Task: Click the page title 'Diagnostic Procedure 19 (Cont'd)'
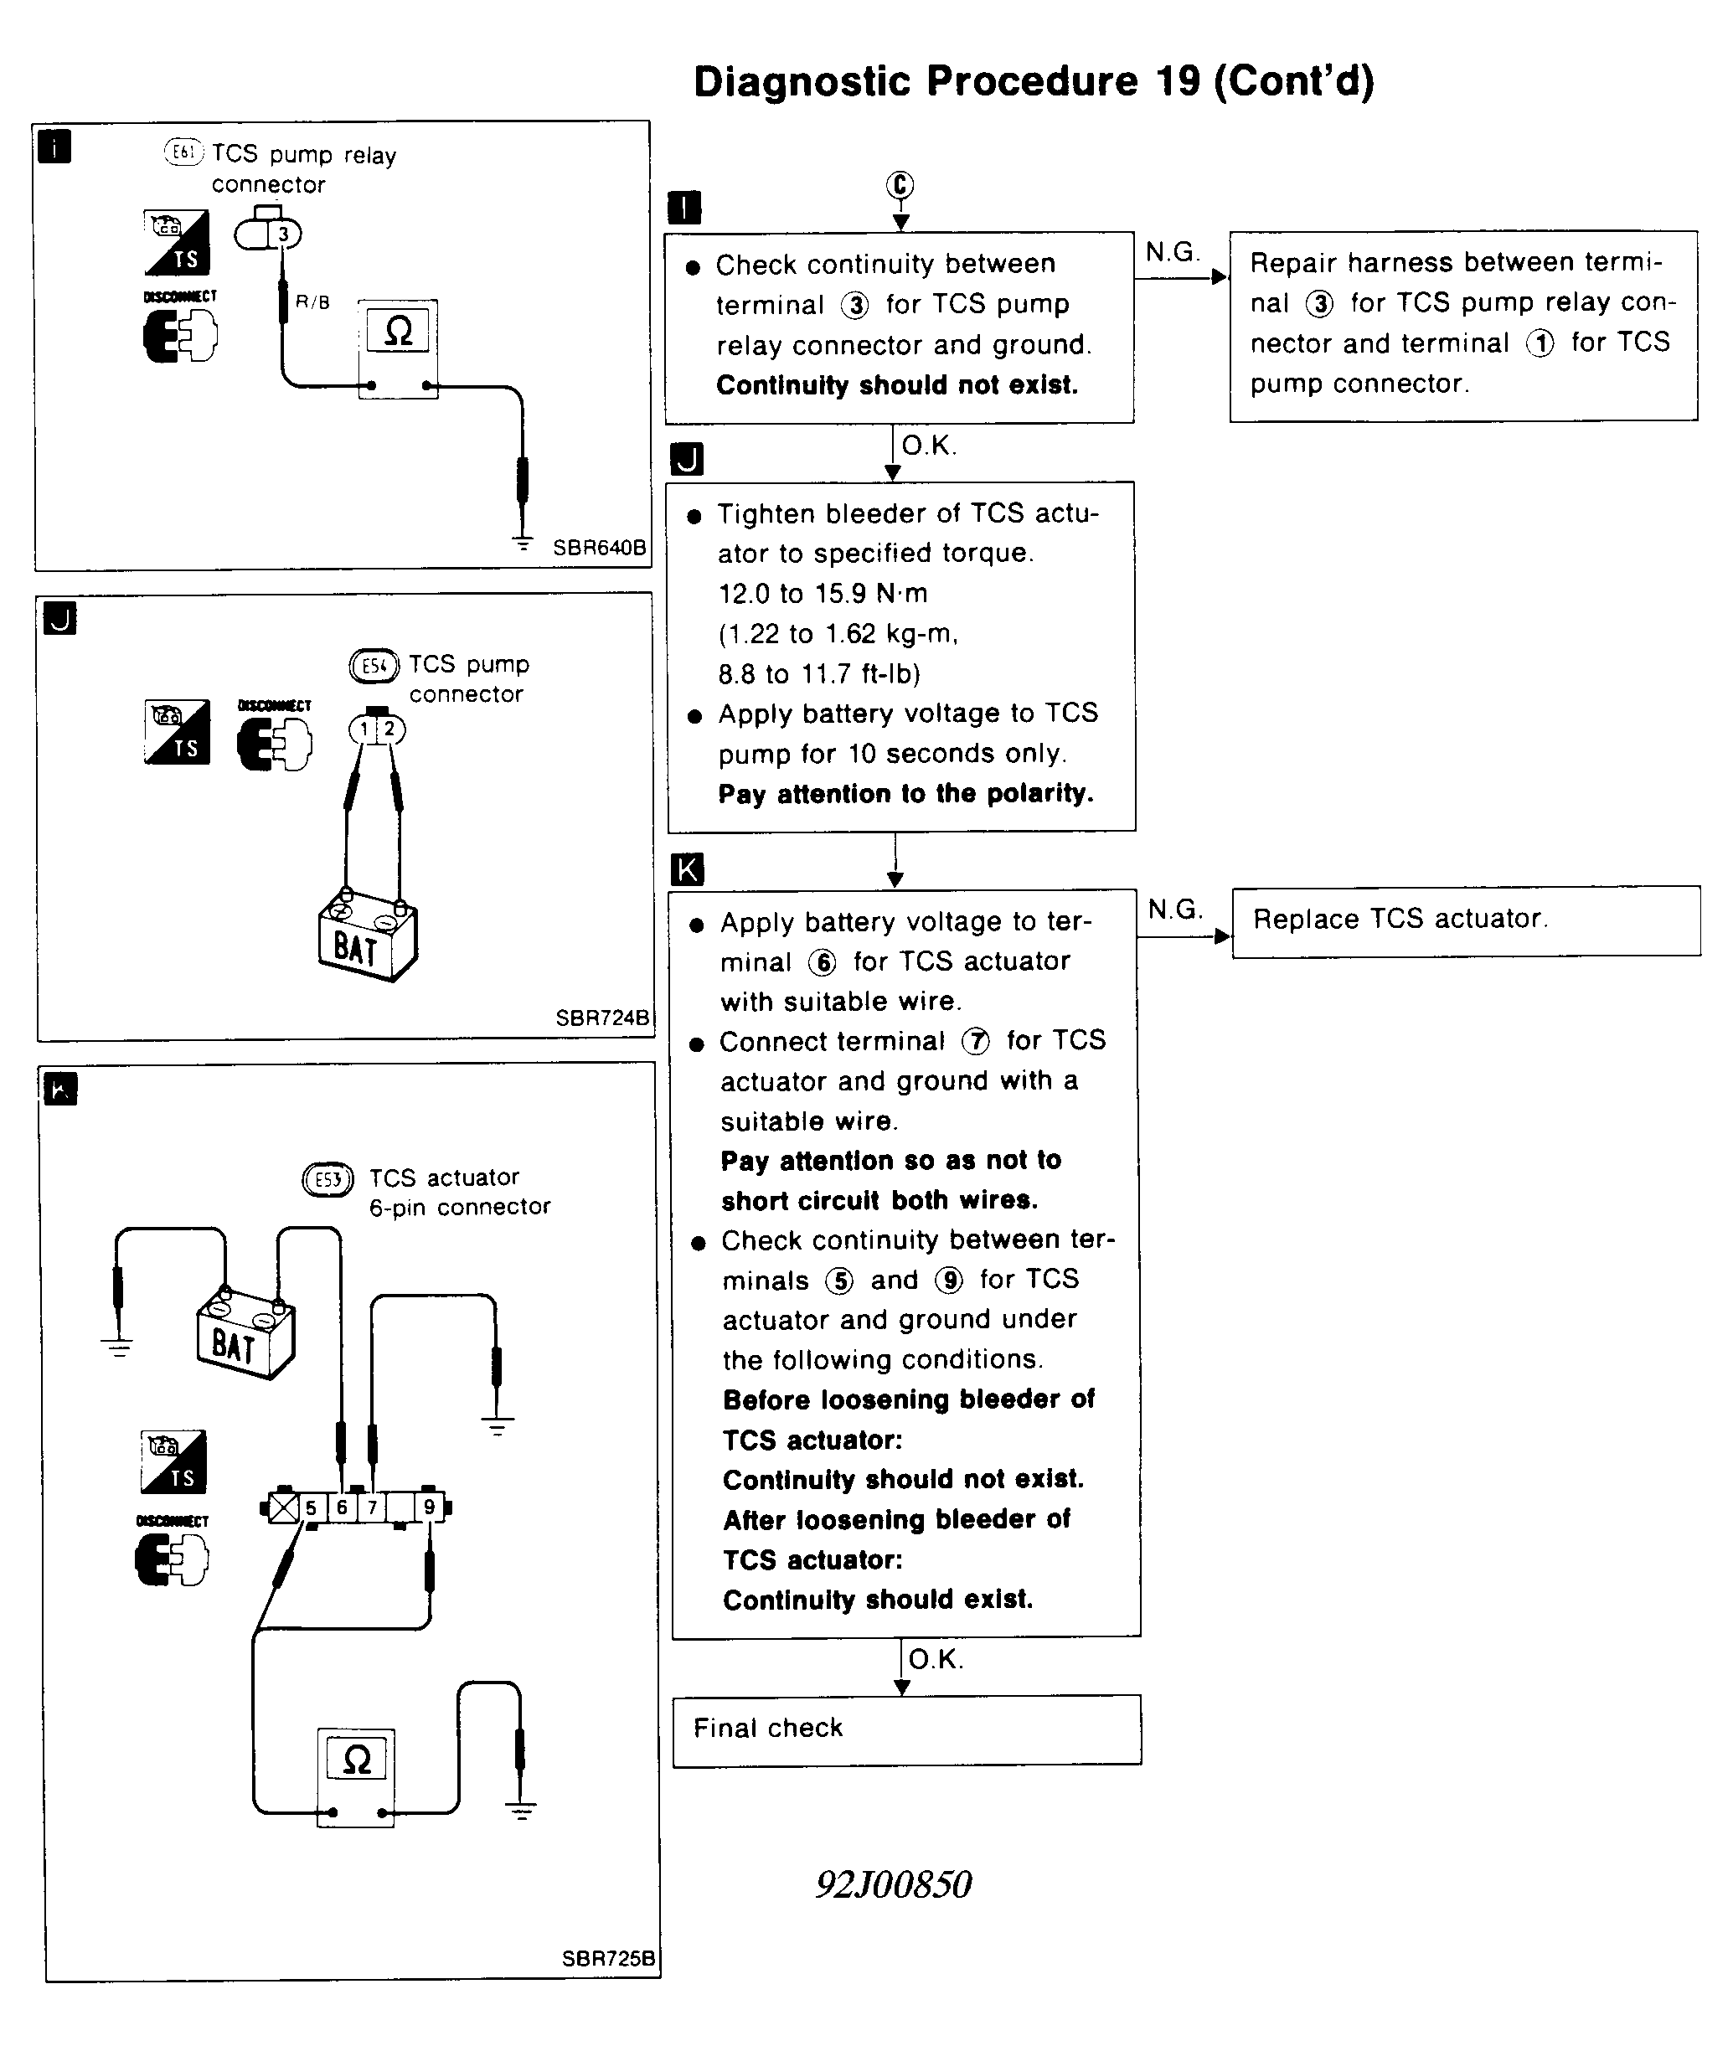pos(1033,81)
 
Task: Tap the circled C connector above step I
pos(900,184)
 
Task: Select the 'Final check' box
pos(905,1729)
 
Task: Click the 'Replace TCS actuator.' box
pos(1465,920)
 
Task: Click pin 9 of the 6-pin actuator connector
pos(428,1507)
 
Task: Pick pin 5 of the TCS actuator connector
pos(311,1507)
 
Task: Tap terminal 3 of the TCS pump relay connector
pos(284,234)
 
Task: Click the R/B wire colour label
pos(312,302)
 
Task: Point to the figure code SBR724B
pos(602,1018)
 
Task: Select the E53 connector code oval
pos(328,1178)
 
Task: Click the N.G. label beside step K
pos(1175,910)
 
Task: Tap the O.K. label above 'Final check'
pos(936,1659)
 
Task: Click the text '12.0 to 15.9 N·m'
pos(823,593)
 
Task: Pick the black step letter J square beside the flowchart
pos(686,459)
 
